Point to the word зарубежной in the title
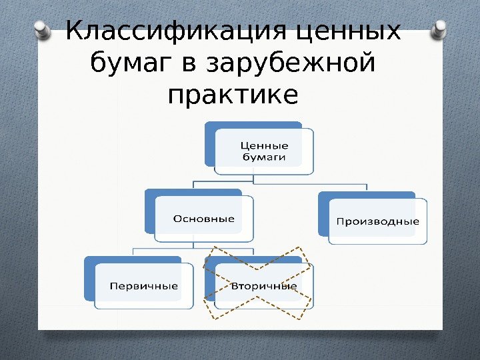(x=291, y=65)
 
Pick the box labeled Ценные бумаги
(x=264, y=151)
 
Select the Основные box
(x=204, y=218)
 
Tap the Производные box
(x=377, y=221)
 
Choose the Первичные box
(x=143, y=286)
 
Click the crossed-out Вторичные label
(x=263, y=286)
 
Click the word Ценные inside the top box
(x=264, y=146)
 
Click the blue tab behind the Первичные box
(x=89, y=277)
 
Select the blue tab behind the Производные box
(x=324, y=212)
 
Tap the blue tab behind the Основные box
(x=149, y=210)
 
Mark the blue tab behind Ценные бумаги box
(x=211, y=143)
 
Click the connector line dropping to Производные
(x=368, y=187)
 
